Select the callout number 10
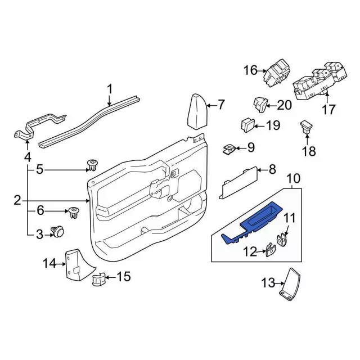click(294, 179)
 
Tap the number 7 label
click(220, 104)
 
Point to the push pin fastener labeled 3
click(57, 231)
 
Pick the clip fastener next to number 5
click(92, 165)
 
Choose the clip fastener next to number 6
click(73, 213)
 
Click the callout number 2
click(17, 200)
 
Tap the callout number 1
click(110, 88)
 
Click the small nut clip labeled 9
click(229, 148)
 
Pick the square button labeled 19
click(248, 124)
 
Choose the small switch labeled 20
click(261, 103)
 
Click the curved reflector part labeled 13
click(291, 286)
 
